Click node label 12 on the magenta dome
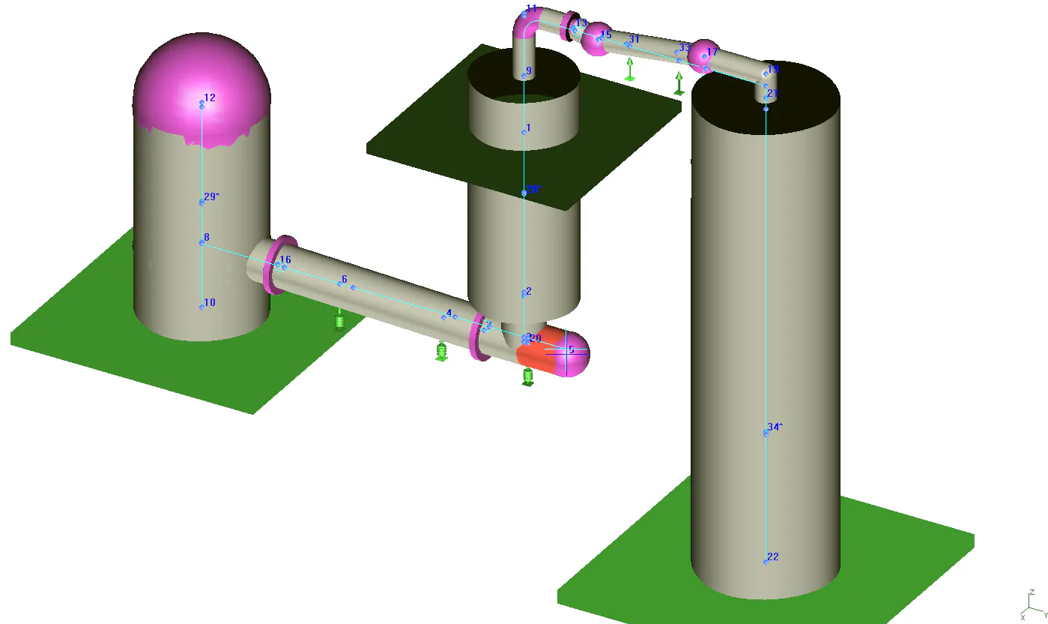pyautogui.click(x=209, y=98)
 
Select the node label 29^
pyautogui.click(x=212, y=196)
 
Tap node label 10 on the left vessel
pyautogui.click(x=210, y=302)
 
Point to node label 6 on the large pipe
pyautogui.click(x=345, y=280)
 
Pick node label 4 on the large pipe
pyautogui.click(x=449, y=313)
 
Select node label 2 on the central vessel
pyautogui.click(x=528, y=291)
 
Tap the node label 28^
pyautogui.click(x=533, y=190)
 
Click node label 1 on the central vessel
pyautogui.click(x=528, y=127)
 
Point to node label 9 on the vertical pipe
pyautogui.click(x=528, y=71)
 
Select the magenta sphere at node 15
pyautogui.click(x=598, y=39)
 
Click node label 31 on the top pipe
pyautogui.click(x=634, y=39)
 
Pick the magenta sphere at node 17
pyautogui.click(x=704, y=55)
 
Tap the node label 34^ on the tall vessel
pyautogui.click(x=775, y=427)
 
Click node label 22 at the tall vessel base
pyautogui.click(x=773, y=556)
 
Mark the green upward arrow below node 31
pyautogui.click(x=631, y=69)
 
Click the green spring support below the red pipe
pyautogui.click(x=527, y=376)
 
